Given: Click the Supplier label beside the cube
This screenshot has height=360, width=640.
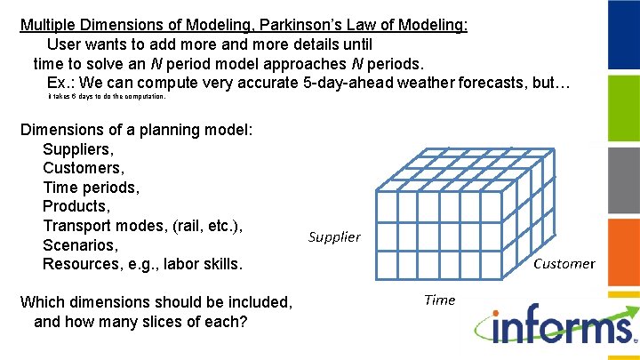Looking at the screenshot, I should coord(334,236).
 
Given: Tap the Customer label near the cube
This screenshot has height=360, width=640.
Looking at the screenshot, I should coord(564,263).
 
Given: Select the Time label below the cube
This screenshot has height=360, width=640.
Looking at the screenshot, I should coord(439,300).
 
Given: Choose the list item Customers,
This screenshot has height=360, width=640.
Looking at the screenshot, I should coord(84,168).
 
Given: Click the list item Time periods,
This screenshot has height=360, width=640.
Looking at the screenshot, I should coord(91,188).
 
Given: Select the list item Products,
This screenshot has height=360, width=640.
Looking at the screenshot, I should coord(76,206).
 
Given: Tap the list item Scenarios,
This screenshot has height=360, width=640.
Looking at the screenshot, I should coord(80,244).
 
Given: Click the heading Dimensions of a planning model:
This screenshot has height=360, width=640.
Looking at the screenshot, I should coord(137,130).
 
